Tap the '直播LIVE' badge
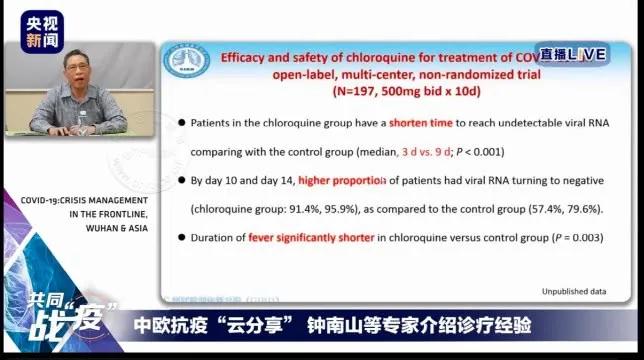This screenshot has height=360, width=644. [572, 55]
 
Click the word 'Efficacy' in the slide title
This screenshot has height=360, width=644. [249, 56]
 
